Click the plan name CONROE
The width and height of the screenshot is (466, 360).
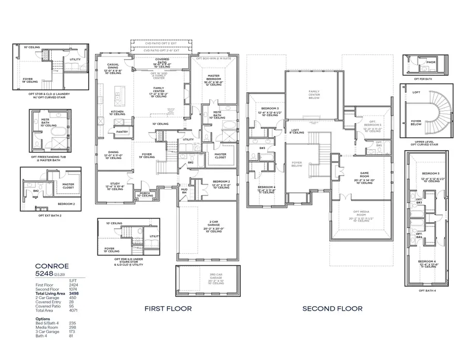52,266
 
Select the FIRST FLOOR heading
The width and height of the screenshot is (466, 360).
168,309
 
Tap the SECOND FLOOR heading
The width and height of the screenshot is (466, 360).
332,309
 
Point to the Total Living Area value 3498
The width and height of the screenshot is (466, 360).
74,293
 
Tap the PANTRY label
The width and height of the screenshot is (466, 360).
122,132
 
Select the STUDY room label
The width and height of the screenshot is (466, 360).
114,183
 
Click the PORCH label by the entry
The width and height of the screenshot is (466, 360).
145,193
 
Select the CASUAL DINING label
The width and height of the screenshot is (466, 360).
113,66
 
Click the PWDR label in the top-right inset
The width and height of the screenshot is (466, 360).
431,62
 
